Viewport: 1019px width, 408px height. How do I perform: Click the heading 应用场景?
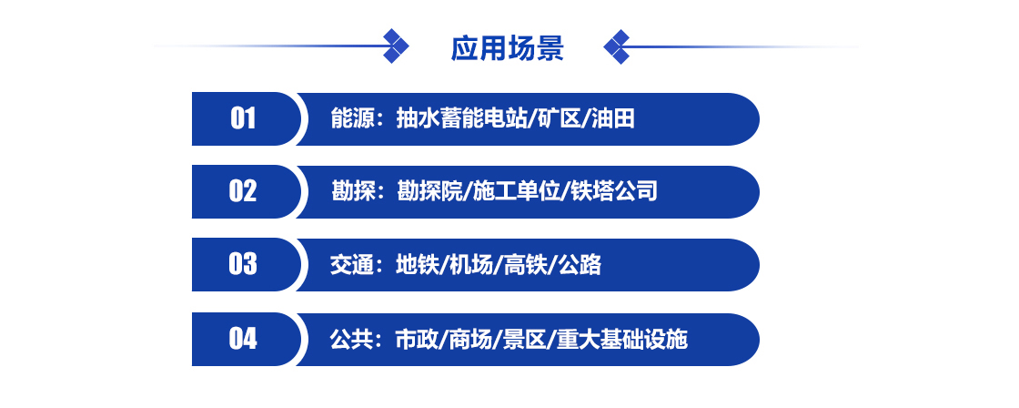(x=507, y=48)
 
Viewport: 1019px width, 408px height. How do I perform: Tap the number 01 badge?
(x=243, y=118)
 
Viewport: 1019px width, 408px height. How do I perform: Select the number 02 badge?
(x=243, y=191)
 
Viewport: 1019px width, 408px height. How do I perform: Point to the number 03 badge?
(x=243, y=264)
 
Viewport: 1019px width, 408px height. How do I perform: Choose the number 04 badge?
(x=243, y=339)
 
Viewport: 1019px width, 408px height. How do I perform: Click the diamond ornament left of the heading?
(x=396, y=46)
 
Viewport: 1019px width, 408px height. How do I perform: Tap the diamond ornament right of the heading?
(x=617, y=46)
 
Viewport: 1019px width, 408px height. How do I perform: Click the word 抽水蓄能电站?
(x=460, y=119)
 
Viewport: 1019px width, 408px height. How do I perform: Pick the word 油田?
(x=613, y=119)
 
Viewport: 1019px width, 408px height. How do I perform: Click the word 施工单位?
(x=516, y=192)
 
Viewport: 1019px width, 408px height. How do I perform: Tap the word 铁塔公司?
(x=614, y=192)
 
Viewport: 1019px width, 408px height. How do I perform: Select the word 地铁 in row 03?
(x=418, y=265)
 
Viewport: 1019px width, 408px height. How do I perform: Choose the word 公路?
(x=580, y=265)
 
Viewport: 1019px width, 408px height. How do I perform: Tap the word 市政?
(x=418, y=340)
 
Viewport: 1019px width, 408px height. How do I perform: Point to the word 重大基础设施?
(x=622, y=340)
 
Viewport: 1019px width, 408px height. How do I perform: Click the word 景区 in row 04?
(x=525, y=340)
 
